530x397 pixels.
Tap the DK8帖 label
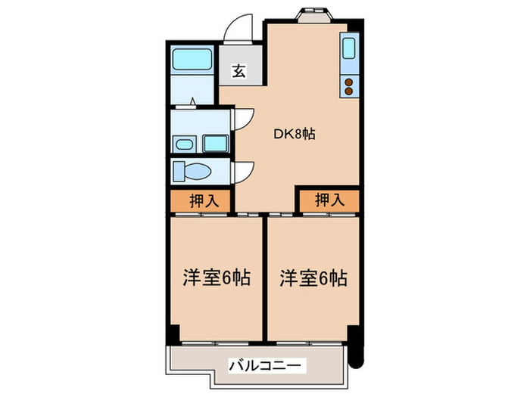(x=294, y=134)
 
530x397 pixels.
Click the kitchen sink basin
(x=350, y=49)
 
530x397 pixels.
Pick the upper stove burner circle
(x=350, y=81)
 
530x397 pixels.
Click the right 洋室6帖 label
(x=313, y=278)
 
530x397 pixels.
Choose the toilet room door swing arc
(x=244, y=172)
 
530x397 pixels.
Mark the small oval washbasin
(x=183, y=144)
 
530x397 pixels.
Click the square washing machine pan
(x=216, y=143)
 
